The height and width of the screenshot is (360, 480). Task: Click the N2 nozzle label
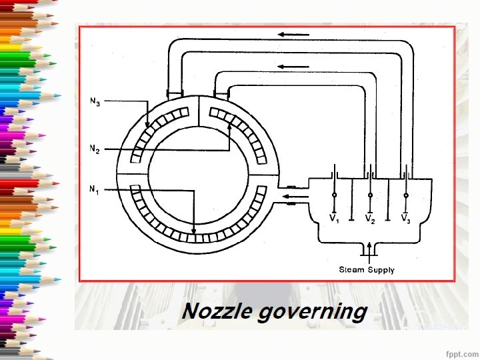[95, 150]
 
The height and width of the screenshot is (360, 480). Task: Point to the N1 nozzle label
[95, 190]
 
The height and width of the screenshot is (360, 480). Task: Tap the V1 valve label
[334, 219]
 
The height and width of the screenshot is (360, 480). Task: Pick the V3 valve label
[405, 219]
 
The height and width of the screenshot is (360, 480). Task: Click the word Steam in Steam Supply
[351, 270]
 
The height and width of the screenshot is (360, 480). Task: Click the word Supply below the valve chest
[381, 270]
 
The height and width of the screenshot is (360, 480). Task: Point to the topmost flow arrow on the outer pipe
[299, 35]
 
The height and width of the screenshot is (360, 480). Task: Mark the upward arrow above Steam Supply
[369, 251]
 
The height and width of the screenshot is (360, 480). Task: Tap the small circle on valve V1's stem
[334, 195]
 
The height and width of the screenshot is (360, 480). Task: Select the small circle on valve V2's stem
[370, 195]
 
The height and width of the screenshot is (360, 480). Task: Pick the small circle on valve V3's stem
[406, 195]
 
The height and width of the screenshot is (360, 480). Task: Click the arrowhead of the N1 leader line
[194, 231]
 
